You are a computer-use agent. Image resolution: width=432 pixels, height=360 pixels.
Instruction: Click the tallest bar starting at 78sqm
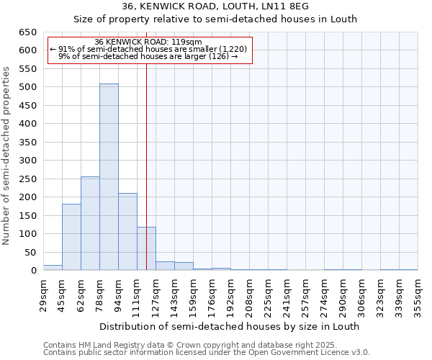[109, 177]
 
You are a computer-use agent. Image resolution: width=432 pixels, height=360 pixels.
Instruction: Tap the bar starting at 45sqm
[71, 237]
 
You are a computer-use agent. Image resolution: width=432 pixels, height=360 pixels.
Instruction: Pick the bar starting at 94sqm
[127, 232]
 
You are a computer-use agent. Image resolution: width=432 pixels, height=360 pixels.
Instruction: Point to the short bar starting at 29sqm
[53, 267]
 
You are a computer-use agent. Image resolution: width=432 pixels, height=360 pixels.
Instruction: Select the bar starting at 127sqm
[165, 266]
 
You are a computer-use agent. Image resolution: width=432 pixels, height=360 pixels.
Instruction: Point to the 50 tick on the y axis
[30, 252]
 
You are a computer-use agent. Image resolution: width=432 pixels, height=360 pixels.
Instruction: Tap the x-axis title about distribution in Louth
[229, 326]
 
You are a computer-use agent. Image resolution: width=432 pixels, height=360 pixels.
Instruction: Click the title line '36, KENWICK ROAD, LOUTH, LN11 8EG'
[215, 6]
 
